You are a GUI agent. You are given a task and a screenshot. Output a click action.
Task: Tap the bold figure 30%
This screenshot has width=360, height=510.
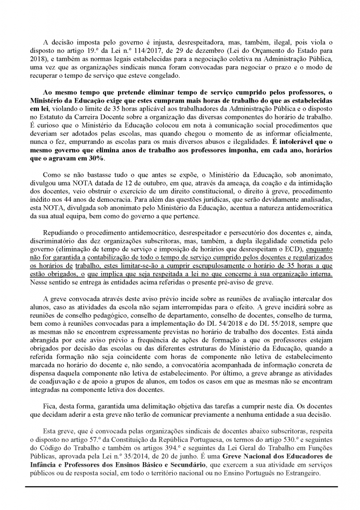tap(94, 157)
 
